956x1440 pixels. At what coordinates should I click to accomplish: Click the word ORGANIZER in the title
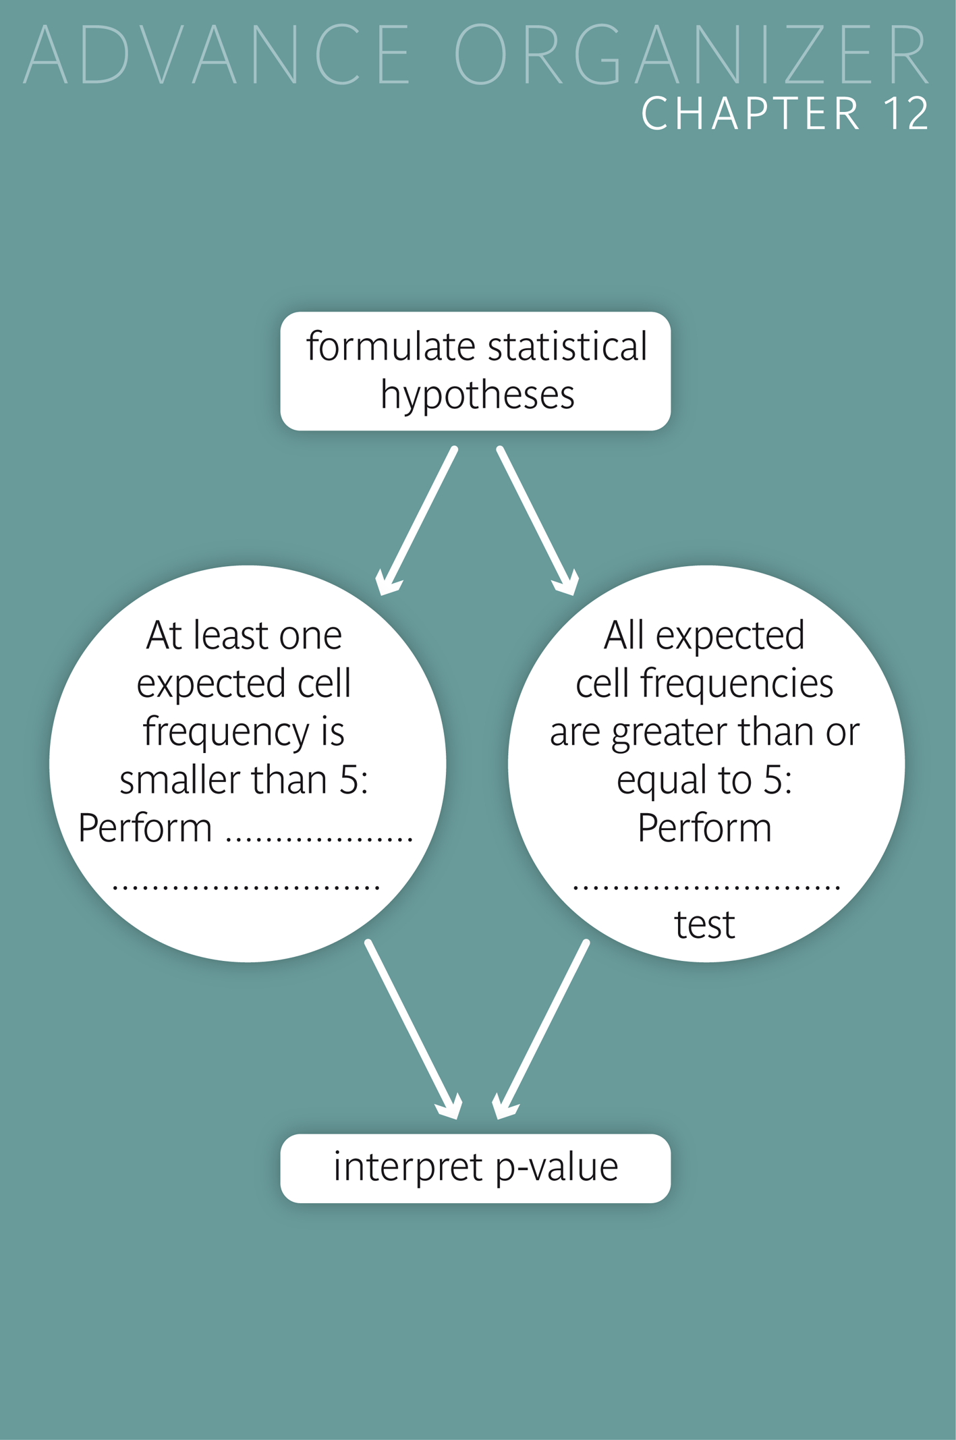692,55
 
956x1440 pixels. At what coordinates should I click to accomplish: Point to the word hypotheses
477,395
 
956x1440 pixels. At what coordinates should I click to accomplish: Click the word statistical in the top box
567,347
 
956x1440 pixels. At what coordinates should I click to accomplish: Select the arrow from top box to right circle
537,520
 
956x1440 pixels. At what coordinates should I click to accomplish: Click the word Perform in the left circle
145,828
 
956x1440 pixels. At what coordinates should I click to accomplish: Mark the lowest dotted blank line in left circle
246,886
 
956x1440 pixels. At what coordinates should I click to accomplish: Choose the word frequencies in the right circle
737,684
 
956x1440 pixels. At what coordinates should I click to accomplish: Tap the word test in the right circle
704,925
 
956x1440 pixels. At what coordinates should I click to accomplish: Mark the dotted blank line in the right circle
706,886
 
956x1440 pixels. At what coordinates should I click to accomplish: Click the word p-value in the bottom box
557,1167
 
